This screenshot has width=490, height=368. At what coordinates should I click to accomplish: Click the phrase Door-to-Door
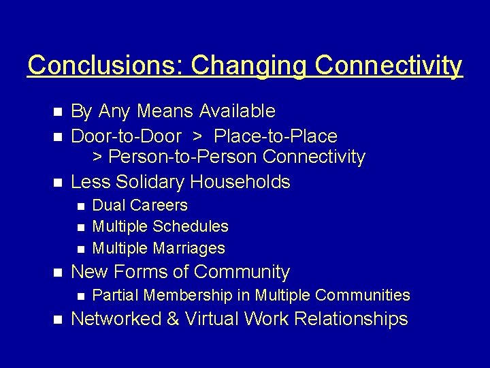tap(126, 136)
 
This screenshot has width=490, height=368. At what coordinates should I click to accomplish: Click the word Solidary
tap(150, 182)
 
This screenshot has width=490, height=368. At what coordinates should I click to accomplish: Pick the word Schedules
tap(191, 226)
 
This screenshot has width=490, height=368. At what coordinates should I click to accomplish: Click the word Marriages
tap(189, 248)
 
